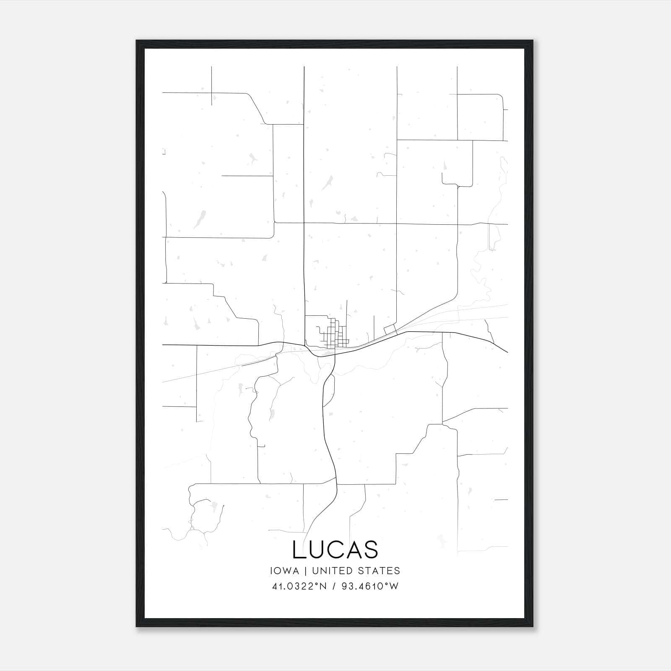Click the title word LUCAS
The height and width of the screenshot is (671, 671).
click(335, 550)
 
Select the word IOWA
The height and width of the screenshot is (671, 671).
click(285, 571)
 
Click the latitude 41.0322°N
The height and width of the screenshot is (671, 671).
click(299, 586)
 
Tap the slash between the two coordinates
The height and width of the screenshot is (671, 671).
click(334, 586)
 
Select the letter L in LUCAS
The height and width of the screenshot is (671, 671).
click(299, 550)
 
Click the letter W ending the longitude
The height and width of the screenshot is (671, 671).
click(394, 586)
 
